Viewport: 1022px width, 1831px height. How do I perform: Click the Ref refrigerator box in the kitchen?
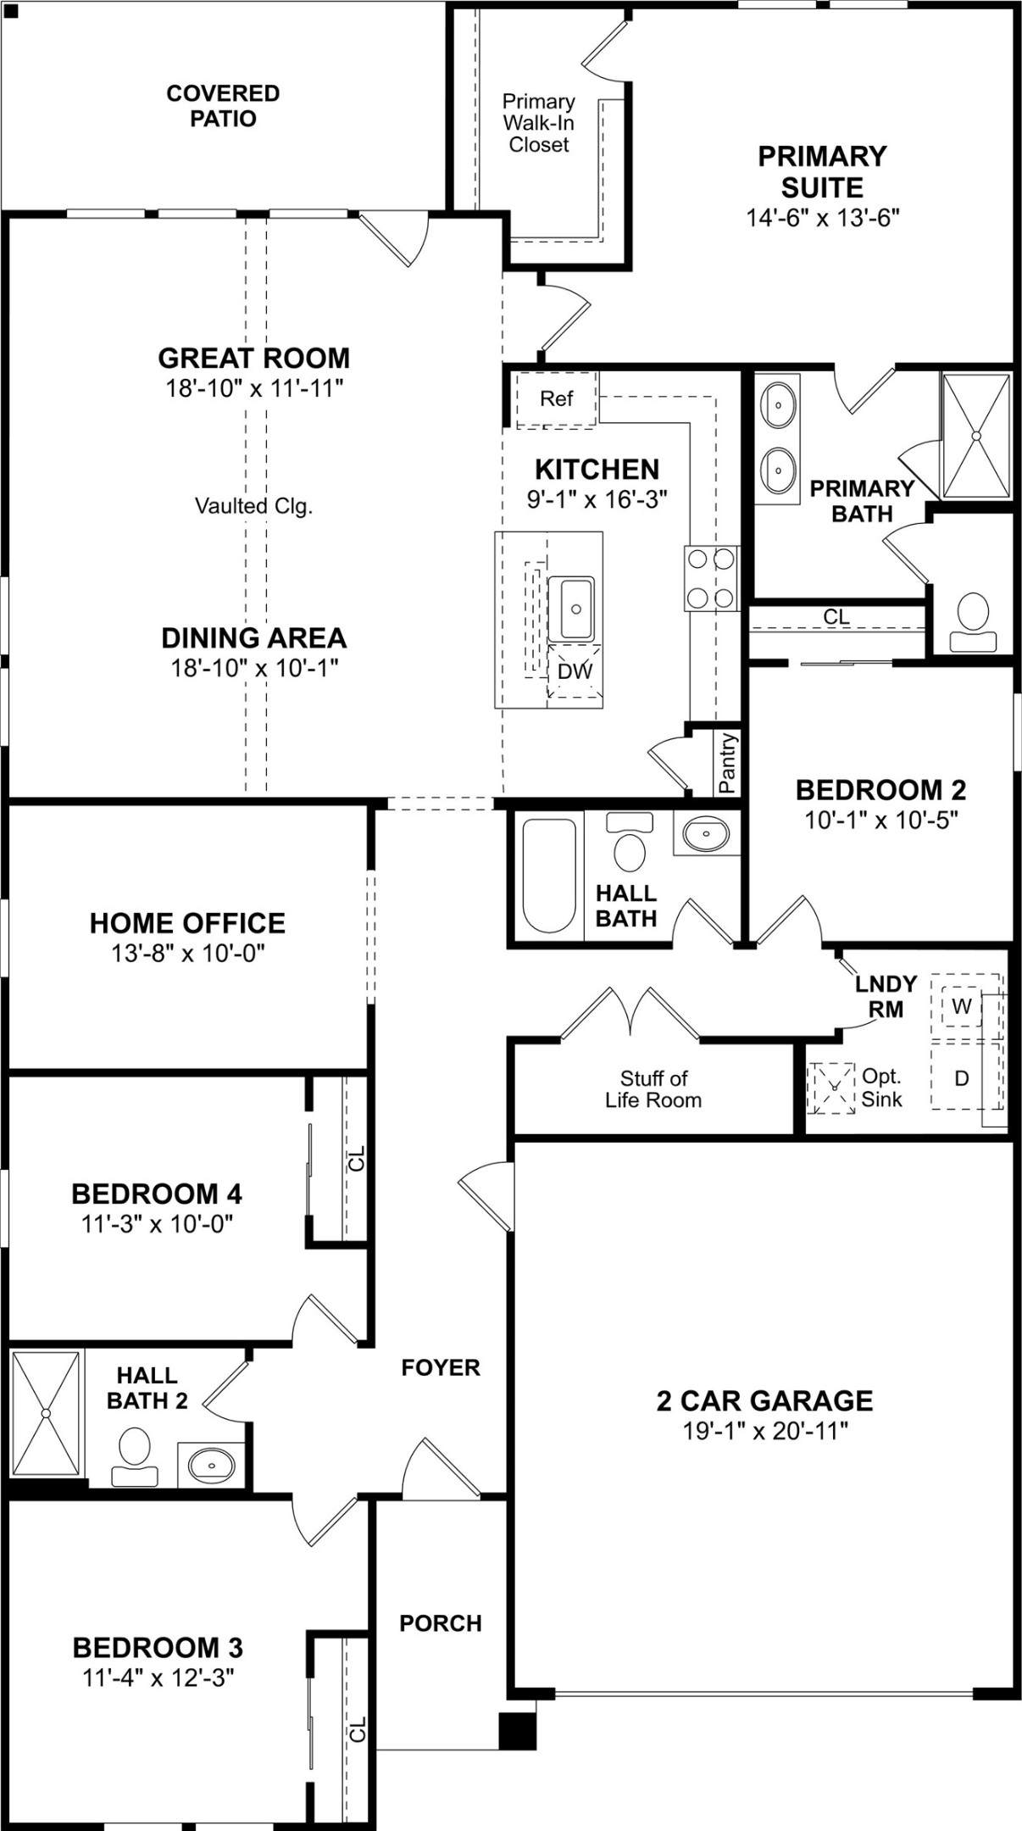(557, 398)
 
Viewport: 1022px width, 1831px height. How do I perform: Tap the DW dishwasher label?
(575, 671)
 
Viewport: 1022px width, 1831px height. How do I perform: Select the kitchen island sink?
(571, 609)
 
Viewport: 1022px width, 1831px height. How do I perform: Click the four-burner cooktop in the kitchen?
(711, 578)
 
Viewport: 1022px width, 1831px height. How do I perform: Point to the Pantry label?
(727, 763)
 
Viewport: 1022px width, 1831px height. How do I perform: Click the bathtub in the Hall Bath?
(549, 875)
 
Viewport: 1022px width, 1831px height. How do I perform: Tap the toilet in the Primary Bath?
(973, 621)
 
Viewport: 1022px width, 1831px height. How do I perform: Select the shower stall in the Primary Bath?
(976, 436)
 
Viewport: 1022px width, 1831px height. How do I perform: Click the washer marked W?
(962, 1006)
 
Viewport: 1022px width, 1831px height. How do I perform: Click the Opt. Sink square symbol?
(830, 1088)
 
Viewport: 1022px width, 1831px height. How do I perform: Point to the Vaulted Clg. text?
(254, 506)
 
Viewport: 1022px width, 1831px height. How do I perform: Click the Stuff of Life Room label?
(653, 1089)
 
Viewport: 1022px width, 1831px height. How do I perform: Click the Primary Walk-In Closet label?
(539, 123)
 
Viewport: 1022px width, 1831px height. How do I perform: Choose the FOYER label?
(441, 1366)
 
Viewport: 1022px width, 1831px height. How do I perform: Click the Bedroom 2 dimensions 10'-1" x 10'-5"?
(881, 820)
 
